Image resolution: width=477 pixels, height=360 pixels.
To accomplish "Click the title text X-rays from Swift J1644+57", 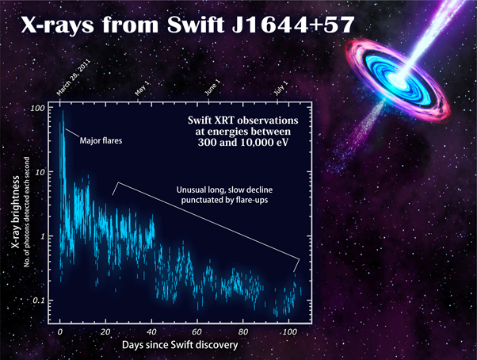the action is tap(188, 25).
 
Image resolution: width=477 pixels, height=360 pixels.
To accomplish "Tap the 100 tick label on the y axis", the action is tap(37, 108).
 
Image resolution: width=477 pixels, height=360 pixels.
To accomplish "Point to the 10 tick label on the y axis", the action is tap(40, 172).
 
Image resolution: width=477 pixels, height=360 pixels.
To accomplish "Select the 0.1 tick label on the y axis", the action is tap(38, 301).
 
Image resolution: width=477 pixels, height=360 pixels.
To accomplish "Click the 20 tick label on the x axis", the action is tap(105, 331).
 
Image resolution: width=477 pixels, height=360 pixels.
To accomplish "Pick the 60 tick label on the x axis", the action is tap(197, 331).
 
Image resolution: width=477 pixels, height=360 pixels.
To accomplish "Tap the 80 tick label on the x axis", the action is tap(242, 331).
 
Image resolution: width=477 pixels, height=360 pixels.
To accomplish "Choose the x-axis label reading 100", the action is tap(289, 331).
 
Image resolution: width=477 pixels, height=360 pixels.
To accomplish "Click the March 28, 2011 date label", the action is tap(74, 77).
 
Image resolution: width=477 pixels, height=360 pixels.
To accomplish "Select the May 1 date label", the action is tap(142, 88).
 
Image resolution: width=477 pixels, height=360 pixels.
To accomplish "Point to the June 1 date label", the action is tap(212, 88).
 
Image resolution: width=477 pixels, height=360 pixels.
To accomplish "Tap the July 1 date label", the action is tap(280, 88).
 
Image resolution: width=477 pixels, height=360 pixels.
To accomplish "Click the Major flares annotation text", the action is tap(101, 140).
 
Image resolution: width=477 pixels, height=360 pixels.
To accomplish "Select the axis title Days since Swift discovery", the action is tap(180, 345).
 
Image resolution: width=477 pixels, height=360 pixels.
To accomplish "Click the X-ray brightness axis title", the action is tap(16, 212).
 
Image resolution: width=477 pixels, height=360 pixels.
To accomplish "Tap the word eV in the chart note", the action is tap(282, 143).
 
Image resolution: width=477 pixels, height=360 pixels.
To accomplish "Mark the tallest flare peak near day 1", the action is tap(63, 111).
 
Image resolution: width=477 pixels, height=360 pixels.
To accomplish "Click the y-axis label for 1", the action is tap(42, 236).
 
